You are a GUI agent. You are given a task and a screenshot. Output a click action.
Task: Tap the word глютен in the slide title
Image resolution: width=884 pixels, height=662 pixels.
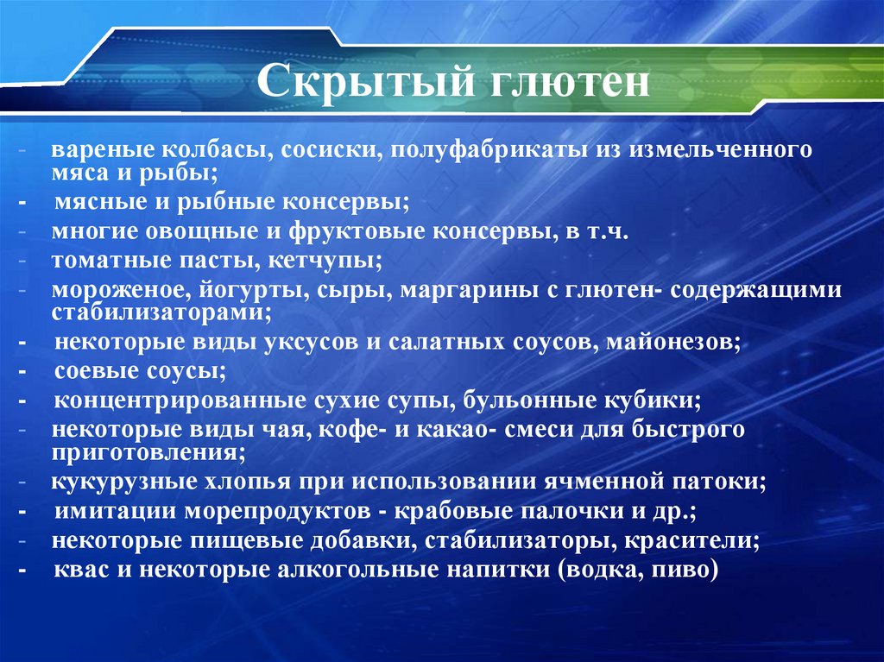pos(560,85)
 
